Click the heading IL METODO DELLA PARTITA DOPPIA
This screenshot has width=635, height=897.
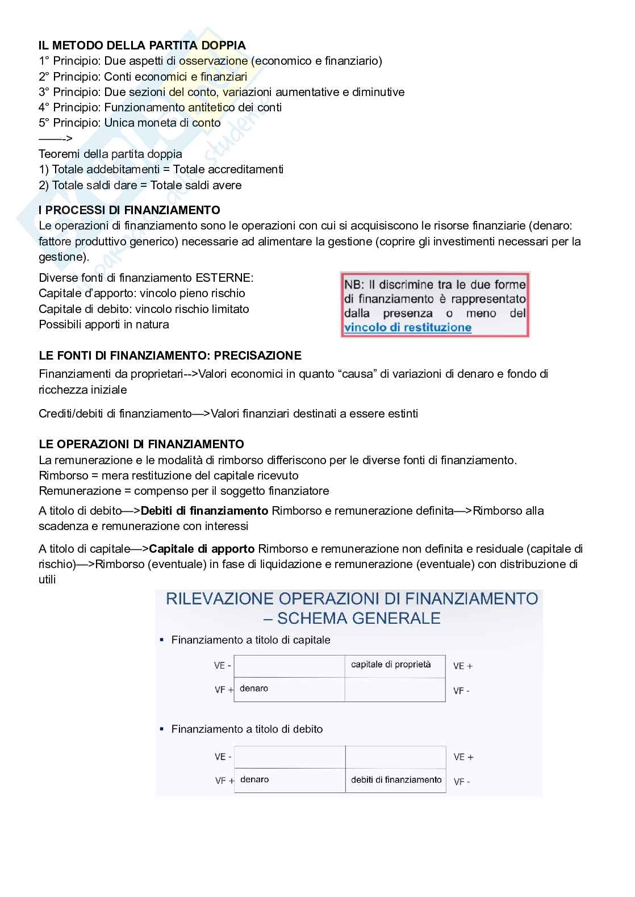click(x=142, y=45)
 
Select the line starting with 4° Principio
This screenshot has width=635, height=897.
click(x=160, y=107)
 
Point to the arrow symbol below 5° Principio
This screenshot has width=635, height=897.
click(x=55, y=138)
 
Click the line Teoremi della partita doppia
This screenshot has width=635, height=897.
click(x=110, y=154)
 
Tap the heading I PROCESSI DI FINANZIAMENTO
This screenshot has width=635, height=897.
click(x=129, y=210)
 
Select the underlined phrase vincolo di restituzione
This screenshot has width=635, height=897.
click(x=408, y=327)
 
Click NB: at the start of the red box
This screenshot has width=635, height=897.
click(x=355, y=284)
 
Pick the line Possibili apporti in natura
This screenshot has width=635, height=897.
click(x=103, y=324)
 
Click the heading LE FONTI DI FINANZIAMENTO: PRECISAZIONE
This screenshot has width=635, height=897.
click(x=170, y=356)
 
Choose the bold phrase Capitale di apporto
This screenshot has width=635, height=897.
click(x=202, y=549)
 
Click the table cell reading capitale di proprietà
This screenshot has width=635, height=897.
click(x=391, y=664)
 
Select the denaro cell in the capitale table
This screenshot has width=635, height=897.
click(x=254, y=689)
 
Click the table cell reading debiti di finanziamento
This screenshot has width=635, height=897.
click(x=396, y=780)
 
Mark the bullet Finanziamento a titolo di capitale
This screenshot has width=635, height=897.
click(x=250, y=640)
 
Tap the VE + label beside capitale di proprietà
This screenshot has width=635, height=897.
click(x=463, y=666)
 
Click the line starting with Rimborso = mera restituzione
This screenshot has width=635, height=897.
click(x=168, y=475)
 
